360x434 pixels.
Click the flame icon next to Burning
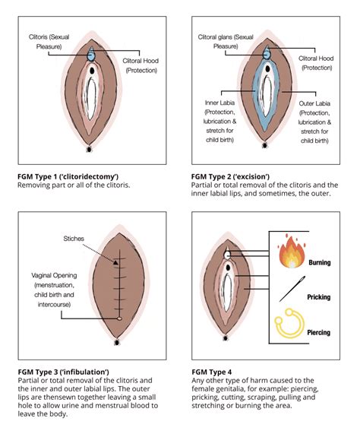(x=292, y=252)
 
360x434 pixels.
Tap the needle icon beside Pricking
(x=292, y=289)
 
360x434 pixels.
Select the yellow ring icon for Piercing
(x=289, y=323)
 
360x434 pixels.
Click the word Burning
(x=320, y=262)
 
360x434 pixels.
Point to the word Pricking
(x=319, y=297)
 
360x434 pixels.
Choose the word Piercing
(x=318, y=332)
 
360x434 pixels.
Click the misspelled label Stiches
(x=74, y=239)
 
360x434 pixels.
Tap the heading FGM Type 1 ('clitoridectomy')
(x=68, y=176)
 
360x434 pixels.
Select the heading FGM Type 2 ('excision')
(x=230, y=176)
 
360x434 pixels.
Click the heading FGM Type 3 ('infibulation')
(x=63, y=372)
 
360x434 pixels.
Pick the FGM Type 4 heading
(x=212, y=372)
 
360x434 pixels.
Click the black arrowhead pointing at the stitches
(x=115, y=262)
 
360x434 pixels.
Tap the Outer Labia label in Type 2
(x=314, y=122)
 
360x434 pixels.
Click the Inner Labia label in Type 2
(x=219, y=122)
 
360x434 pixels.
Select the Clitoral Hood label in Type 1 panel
(x=141, y=65)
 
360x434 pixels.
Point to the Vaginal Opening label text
(x=54, y=290)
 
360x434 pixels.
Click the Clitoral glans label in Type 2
(x=226, y=42)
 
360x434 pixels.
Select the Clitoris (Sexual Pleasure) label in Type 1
(x=49, y=42)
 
